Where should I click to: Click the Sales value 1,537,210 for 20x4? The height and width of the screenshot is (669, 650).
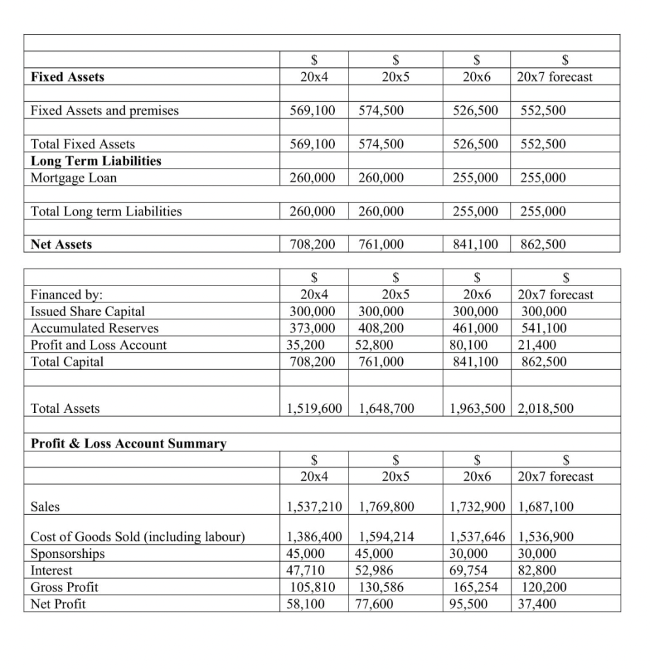coord(315,506)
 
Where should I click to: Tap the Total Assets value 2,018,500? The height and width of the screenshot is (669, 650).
coord(545,409)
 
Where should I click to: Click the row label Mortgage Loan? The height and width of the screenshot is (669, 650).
coord(74,178)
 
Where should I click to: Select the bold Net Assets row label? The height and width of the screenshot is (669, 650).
coord(61,245)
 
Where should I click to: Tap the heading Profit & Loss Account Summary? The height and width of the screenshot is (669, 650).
coord(129,444)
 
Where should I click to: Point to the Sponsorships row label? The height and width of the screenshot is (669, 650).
coord(67,554)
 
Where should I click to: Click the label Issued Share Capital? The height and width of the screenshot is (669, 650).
coord(88,312)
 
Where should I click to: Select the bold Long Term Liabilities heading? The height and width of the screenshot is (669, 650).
coord(96,161)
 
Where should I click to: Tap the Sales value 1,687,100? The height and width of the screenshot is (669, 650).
coord(545,506)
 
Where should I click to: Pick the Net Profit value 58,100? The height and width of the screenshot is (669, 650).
coord(306,604)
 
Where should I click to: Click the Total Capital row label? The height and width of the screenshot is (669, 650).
coord(67,361)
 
